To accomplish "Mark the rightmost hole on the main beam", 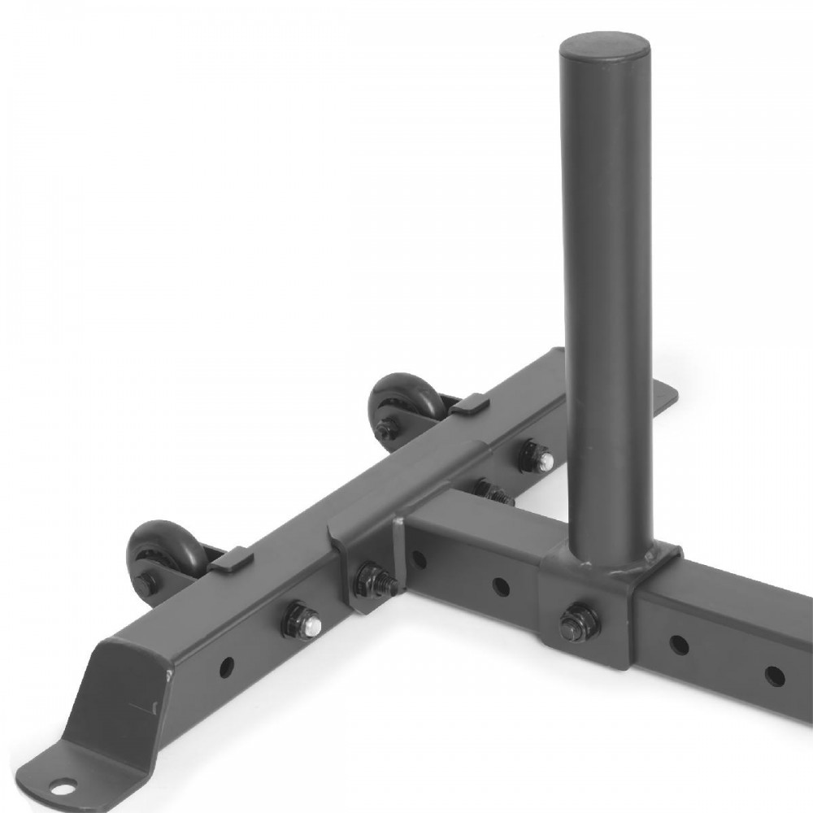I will coord(774,674).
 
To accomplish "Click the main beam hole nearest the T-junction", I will coord(419,559).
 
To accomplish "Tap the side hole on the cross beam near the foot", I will coord(227,666).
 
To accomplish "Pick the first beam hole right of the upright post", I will coord(677,644).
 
